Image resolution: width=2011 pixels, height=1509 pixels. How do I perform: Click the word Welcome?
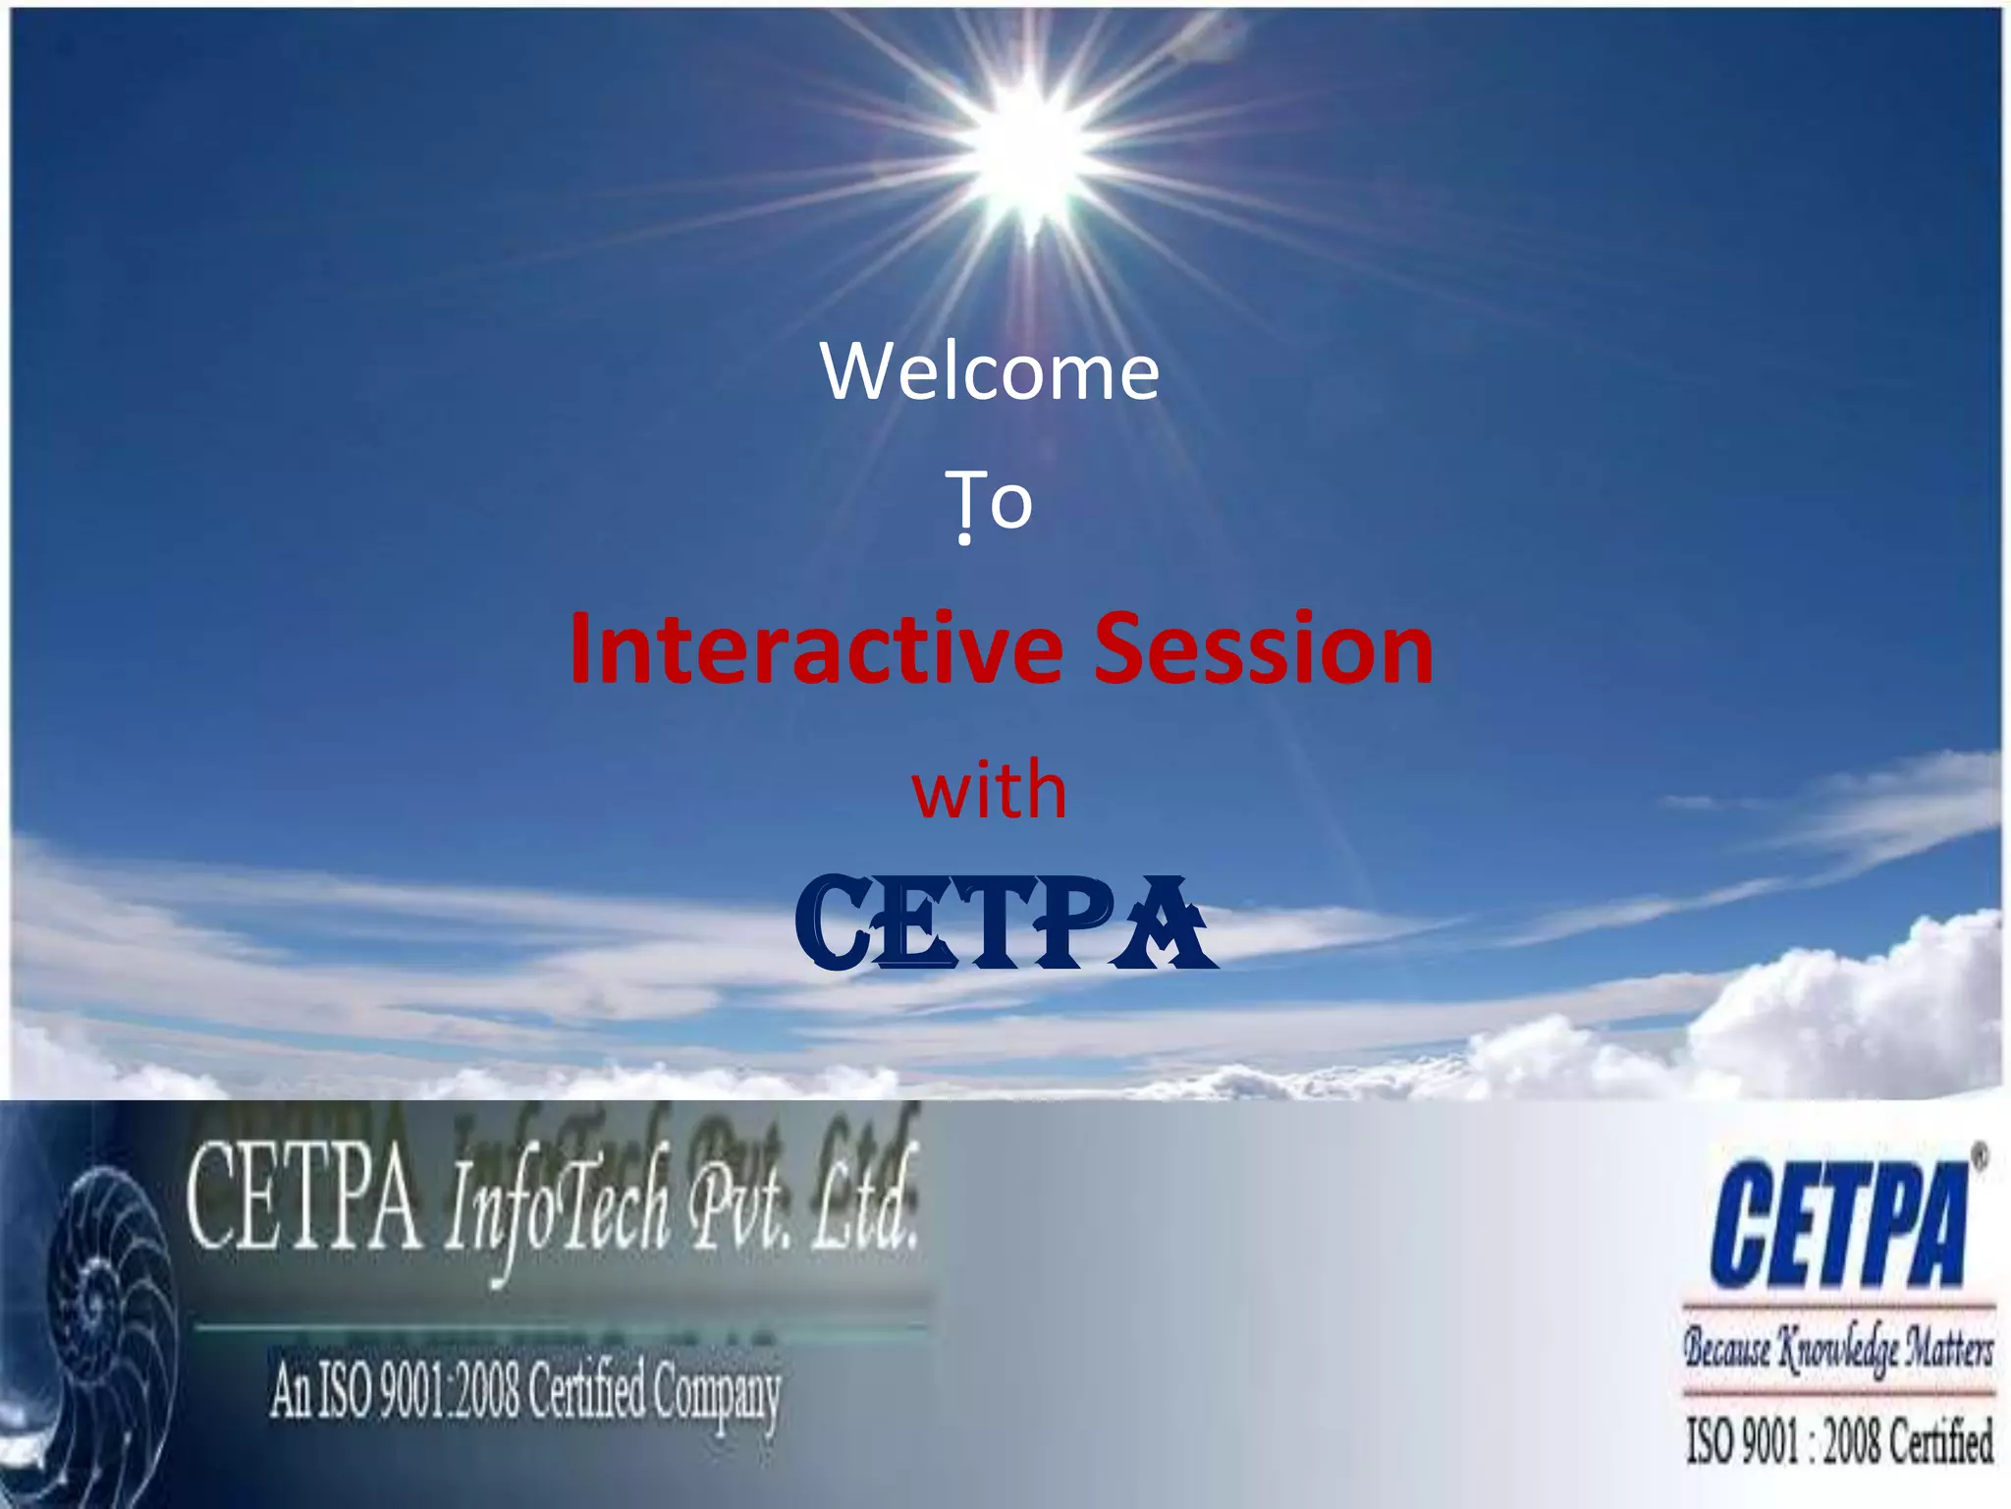point(990,371)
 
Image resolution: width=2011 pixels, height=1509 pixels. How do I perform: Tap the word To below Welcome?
point(989,501)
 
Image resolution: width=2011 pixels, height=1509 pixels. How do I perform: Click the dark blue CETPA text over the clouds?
point(1002,923)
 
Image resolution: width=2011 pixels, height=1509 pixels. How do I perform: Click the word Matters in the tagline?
point(1948,1348)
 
